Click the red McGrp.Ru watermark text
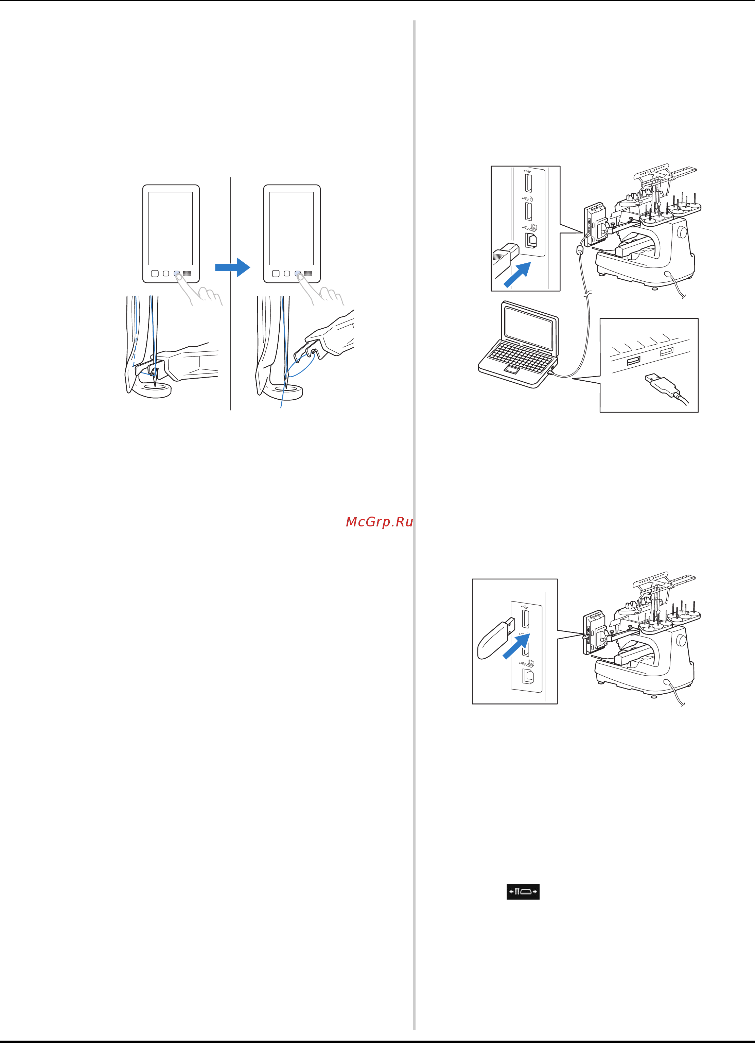379,522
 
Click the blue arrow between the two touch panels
233,267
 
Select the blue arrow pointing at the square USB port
517,275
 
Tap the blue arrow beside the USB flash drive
516,646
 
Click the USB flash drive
496,638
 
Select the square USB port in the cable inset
531,240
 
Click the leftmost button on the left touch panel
155,274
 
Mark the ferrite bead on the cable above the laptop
580,250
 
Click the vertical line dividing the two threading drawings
231,293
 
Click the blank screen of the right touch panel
292,228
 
